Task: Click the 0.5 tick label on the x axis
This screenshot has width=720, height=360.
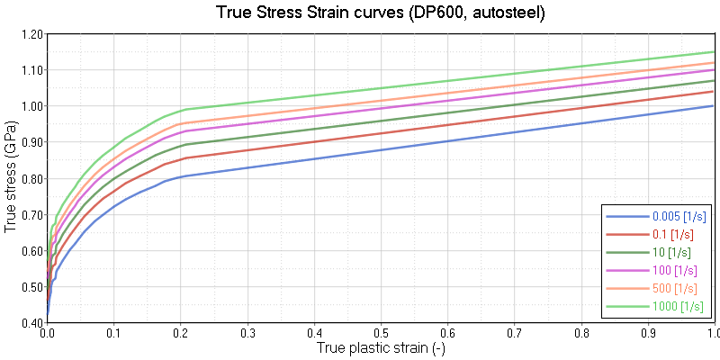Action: (x=381, y=332)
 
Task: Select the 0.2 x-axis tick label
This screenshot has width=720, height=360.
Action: (x=180, y=332)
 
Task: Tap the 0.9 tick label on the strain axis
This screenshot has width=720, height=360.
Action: (x=648, y=332)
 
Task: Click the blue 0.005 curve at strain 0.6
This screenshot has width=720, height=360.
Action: (x=447, y=141)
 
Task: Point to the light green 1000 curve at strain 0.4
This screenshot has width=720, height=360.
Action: (x=314, y=94)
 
